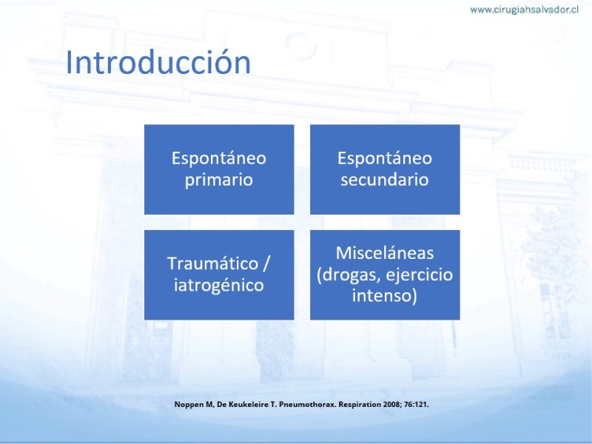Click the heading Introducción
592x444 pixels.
(x=158, y=61)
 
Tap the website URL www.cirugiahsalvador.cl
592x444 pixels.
(x=524, y=10)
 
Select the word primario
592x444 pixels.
(x=218, y=180)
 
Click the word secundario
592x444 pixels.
(x=384, y=179)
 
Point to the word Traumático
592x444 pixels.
(x=212, y=263)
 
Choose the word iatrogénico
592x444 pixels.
(x=218, y=285)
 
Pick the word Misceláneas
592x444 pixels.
(x=385, y=252)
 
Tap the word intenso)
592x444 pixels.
(x=384, y=295)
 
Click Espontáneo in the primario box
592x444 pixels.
(x=219, y=158)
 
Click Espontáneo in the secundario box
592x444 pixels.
(x=385, y=158)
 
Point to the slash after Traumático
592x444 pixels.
(x=266, y=263)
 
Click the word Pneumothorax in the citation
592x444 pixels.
(x=307, y=404)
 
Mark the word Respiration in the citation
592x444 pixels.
(x=360, y=404)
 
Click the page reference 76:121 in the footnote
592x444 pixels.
(x=415, y=404)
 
